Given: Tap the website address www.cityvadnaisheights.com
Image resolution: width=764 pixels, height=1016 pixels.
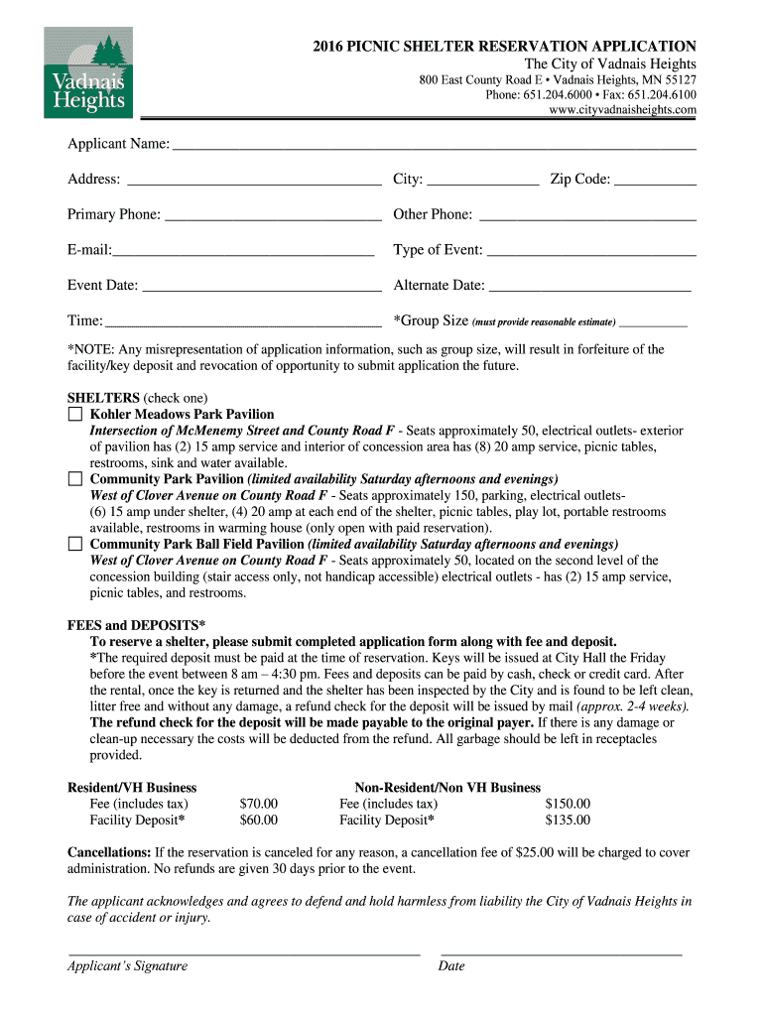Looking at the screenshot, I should point(622,110).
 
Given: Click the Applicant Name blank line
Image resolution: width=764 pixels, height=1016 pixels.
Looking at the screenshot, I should point(434,147).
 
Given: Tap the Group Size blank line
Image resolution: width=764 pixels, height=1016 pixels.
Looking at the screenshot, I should point(654,324).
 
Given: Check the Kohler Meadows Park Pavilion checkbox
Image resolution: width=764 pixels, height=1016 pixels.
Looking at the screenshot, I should point(75,414).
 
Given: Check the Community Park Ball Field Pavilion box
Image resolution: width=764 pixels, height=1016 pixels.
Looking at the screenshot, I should point(75,544).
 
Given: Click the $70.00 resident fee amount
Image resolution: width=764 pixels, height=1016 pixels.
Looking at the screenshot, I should point(259,804).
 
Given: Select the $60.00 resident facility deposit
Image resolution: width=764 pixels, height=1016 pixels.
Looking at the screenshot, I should point(259,821).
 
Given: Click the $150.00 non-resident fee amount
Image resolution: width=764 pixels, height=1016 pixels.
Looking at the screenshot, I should point(568,804).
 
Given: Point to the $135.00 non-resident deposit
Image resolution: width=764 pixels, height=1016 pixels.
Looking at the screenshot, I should point(568,821).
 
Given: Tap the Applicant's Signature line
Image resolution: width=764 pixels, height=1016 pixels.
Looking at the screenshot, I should point(244,952).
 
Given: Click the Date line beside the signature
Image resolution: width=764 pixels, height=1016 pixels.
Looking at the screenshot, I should point(561,952).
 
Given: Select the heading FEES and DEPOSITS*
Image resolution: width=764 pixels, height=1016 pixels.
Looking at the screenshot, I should point(136,625).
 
